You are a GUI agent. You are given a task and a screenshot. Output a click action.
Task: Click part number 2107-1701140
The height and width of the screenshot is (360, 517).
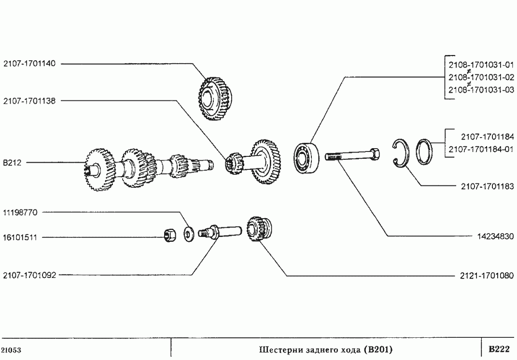tap(29, 64)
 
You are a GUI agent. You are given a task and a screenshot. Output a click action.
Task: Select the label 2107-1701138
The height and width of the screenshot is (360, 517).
tap(29, 101)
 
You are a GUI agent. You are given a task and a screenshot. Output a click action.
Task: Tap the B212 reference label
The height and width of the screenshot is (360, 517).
tap(12, 163)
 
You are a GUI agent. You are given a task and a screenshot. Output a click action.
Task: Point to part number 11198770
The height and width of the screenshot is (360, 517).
tap(20, 213)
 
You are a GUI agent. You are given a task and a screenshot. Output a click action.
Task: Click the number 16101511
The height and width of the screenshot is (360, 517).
tap(20, 237)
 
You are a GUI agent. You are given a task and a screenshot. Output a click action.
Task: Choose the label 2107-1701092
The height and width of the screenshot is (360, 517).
tap(29, 275)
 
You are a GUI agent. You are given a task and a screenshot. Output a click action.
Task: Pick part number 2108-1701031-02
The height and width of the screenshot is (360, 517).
tap(481, 77)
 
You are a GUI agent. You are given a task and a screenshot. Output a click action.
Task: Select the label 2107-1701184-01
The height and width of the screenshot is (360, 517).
tap(481, 149)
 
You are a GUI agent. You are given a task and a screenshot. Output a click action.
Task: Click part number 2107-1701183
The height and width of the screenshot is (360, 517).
tap(488, 187)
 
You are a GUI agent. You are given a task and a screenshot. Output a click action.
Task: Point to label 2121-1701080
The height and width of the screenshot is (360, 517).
tap(487, 275)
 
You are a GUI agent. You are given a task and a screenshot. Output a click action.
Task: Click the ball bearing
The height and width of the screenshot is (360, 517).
tap(307, 158)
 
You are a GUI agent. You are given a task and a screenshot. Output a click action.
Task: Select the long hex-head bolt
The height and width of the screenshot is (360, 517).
tap(352, 155)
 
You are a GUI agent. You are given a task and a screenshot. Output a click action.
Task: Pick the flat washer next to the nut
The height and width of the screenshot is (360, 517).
tap(189, 235)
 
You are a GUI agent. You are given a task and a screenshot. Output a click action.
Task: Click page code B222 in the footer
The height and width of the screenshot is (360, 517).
tap(499, 349)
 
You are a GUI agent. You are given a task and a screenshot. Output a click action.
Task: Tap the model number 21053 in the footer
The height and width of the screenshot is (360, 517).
tap(12, 350)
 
